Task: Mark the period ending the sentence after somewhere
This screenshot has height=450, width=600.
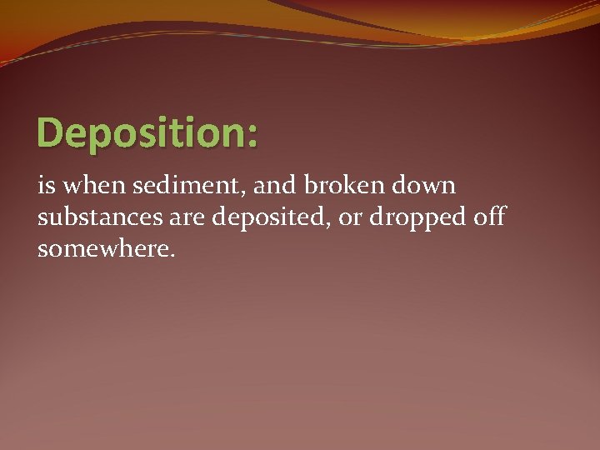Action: pyautogui.click(x=172, y=255)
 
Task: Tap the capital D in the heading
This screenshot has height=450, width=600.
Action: pyautogui.click(x=50, y=132)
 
